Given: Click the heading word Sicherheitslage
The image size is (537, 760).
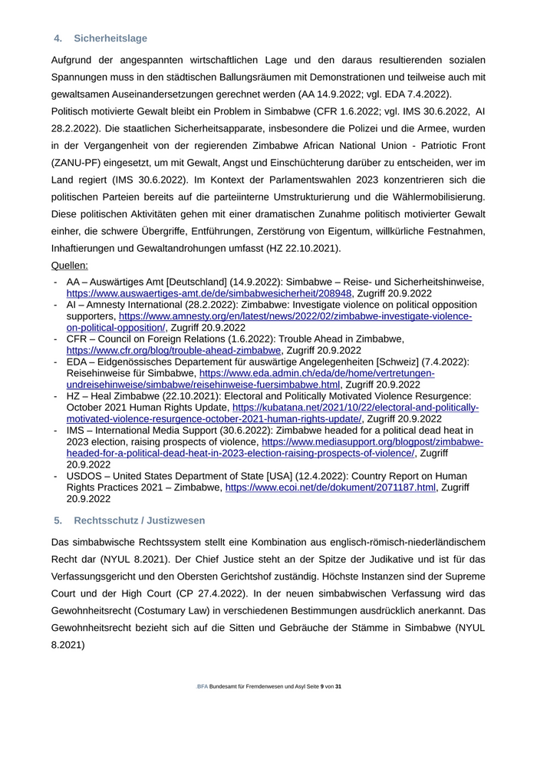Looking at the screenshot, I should point(110,38).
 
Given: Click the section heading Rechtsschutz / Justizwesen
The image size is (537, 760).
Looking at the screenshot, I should point(140,520).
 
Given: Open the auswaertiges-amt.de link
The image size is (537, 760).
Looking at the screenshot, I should point(209,293).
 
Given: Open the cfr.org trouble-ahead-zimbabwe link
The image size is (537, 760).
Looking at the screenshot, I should point(174,350).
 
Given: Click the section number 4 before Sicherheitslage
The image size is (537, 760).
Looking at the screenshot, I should point(58,38).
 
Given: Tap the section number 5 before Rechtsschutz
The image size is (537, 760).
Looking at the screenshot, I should point(58,520).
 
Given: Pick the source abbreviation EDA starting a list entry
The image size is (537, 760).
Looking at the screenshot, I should point(78,362).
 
